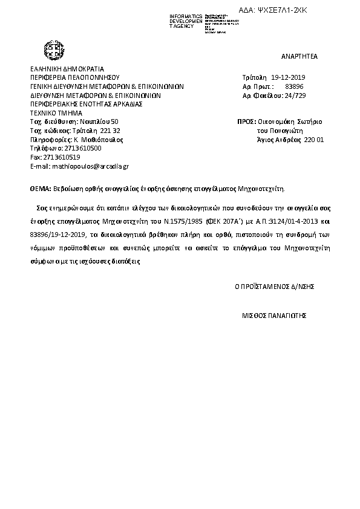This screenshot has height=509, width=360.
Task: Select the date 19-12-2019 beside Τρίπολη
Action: pos(289,78)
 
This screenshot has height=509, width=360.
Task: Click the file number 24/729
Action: pos(297,96)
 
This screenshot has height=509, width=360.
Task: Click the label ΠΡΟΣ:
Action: pos(246,122)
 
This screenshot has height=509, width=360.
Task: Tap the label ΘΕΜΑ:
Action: pos(41,188)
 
